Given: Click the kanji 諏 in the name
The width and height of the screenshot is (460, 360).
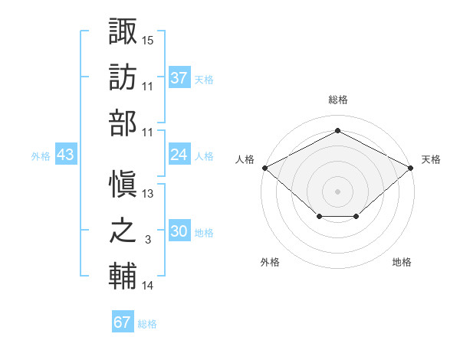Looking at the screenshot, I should pyautogui.click(x=123, y=33).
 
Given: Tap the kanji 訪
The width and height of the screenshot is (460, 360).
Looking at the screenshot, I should pyautogui.click(x=123, y=79).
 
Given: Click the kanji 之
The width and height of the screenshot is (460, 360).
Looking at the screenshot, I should pyautogui.click(x=123, y=232).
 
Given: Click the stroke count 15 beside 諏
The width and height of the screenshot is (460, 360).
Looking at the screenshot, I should pyautogui.click(x=148, y=39).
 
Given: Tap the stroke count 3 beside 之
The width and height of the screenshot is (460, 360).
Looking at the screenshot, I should pyautogui.click(x=148, y=240).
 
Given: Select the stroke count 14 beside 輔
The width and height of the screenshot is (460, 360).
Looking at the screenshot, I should pyautogui.click(x=148, y=286).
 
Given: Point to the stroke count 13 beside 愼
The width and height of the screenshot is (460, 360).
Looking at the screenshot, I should pyautogui.click(x=148, y=194).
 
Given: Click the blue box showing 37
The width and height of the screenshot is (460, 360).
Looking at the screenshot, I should pyautogui.click(x=179, y=78).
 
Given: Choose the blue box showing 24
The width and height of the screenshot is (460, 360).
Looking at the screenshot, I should pyautogui.click(x=179, y=155).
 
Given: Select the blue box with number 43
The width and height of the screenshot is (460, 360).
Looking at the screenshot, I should pyautogui.click(x=66, y=155).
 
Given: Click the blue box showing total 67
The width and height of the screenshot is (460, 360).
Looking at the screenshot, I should pyautogui.click(x=123, y=322).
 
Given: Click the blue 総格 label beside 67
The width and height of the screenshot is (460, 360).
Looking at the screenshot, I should pyautogui.click(x=147, y=324).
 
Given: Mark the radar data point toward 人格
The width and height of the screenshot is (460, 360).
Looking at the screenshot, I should pyautogui.click(x=264, y=168).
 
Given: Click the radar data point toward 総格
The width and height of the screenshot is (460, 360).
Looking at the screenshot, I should pyautogui.click(x=337, y=131).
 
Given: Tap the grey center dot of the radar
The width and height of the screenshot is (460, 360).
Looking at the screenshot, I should pyautogui.click(x=337, y=191).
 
